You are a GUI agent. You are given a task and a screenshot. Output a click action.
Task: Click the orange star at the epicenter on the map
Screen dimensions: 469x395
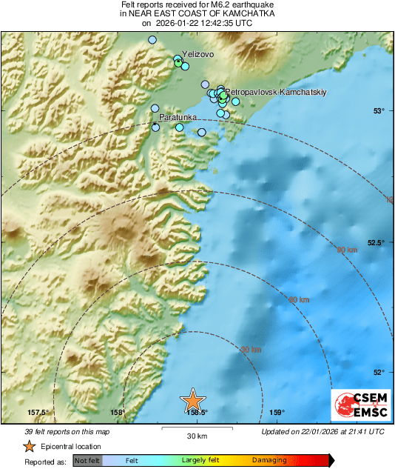point(192,400)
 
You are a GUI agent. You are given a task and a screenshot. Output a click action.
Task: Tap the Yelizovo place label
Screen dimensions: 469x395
point(197,53)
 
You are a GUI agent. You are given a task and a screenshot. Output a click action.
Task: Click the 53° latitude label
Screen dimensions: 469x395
point(379,111)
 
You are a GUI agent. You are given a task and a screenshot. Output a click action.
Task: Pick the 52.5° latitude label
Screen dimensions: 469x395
point(376,242)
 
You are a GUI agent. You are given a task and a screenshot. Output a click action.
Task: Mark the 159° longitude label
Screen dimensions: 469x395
point(276,413)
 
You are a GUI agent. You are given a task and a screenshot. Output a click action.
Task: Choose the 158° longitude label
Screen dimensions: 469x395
point(117,413)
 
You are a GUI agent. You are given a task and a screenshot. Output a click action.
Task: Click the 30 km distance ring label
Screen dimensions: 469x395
point(251,350)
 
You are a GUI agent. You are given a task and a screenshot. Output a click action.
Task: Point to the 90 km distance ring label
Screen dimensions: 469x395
point(346,250)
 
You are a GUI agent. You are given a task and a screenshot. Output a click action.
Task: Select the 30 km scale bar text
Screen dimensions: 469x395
point(196,436)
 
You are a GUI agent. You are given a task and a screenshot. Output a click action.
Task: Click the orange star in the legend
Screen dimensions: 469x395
point(29,446)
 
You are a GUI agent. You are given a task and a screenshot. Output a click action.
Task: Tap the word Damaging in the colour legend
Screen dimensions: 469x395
point(269,461)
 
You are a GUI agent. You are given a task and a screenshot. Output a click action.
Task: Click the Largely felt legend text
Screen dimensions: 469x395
point(198,461)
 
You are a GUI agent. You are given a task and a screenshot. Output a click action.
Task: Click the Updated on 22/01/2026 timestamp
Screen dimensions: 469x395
point(323,431)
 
